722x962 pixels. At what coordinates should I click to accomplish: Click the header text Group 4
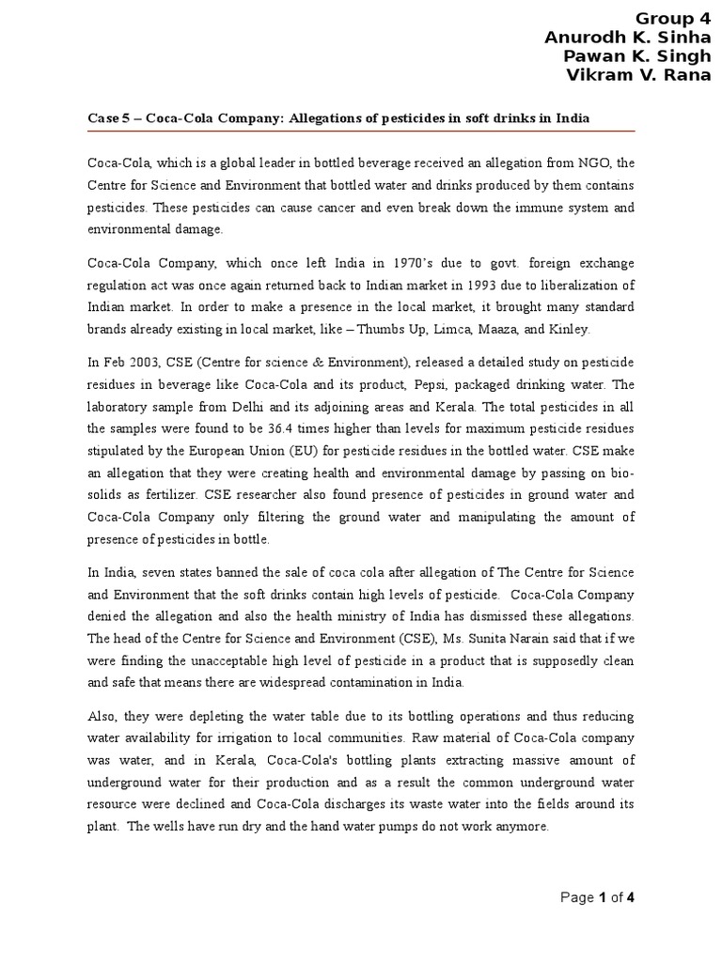coord(673,18)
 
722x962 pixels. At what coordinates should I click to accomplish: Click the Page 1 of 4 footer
coord(598,898)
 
